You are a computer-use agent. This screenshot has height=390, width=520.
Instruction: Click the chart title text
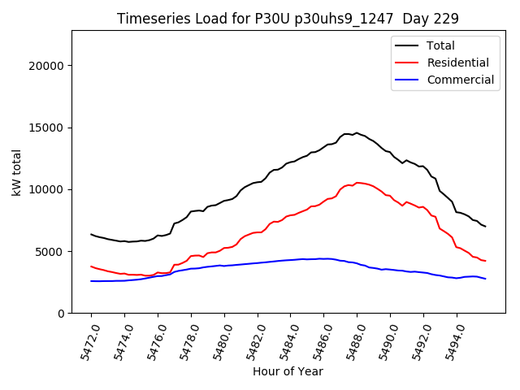click(x=288, y=19)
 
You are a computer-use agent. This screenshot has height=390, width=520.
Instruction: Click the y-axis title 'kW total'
click(x=17, y=172)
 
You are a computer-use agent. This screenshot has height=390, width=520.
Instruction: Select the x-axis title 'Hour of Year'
click(x=288, y=371)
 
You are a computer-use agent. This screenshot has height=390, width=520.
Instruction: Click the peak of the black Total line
click(x=356, y=132)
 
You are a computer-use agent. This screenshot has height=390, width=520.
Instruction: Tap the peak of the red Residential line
click(x=357, y=183)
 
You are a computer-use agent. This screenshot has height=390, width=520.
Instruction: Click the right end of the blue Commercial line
click(x=485, y=279)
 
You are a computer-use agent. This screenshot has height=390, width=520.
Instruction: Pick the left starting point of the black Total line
click(x=91, y=234)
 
